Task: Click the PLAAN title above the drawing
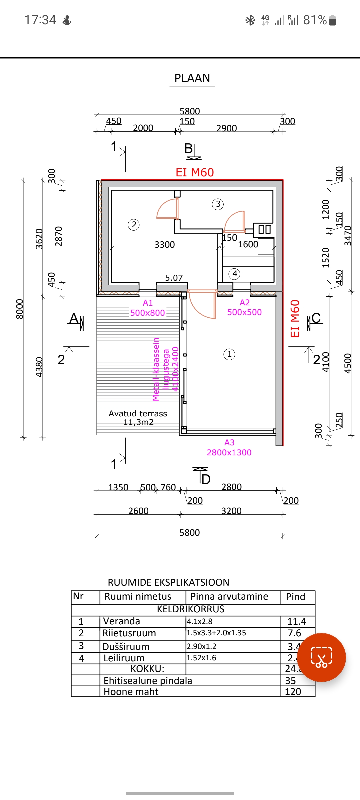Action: point(192,78)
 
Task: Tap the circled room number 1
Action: point(229,354)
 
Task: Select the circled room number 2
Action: point(134,225)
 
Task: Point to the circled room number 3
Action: point(218,204)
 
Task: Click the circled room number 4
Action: point(235,274)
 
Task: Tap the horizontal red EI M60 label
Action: point(195,172)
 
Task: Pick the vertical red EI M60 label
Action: point(295,319)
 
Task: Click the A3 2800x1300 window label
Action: point(229,448)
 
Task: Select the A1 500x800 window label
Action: point(147,308)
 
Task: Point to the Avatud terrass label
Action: point(138,414)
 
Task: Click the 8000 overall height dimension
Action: point(20,309)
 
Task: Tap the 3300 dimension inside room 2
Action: point(165,245)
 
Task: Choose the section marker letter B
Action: point(189,148)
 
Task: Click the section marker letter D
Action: point(206,479)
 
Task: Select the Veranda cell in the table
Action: point(122,621)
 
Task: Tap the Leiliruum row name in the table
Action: point(124,658)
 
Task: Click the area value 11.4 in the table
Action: point(297,621)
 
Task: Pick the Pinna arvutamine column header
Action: point(229,596)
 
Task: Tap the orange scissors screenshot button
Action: point(321,657)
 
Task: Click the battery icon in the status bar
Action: point(332,20)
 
